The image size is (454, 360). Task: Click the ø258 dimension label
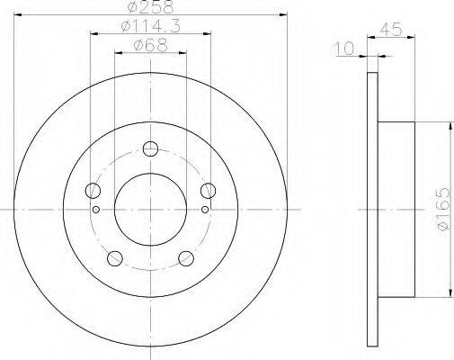(x=151, y=7)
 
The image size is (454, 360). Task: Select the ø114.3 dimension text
(x=151, y=26)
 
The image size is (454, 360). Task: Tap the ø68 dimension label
(x=151, y=46)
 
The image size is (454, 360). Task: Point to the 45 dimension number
(x=391, y=30)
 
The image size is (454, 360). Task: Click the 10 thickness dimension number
(x=344, y=49)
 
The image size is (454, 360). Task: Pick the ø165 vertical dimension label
(x=443, y=209)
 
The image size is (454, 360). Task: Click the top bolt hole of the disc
(x=150, y=148)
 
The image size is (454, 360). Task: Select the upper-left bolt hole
(x=93, y=191)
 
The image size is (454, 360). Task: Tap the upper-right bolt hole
(x=208, y=191)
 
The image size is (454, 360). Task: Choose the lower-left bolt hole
(x=115, y=258)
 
